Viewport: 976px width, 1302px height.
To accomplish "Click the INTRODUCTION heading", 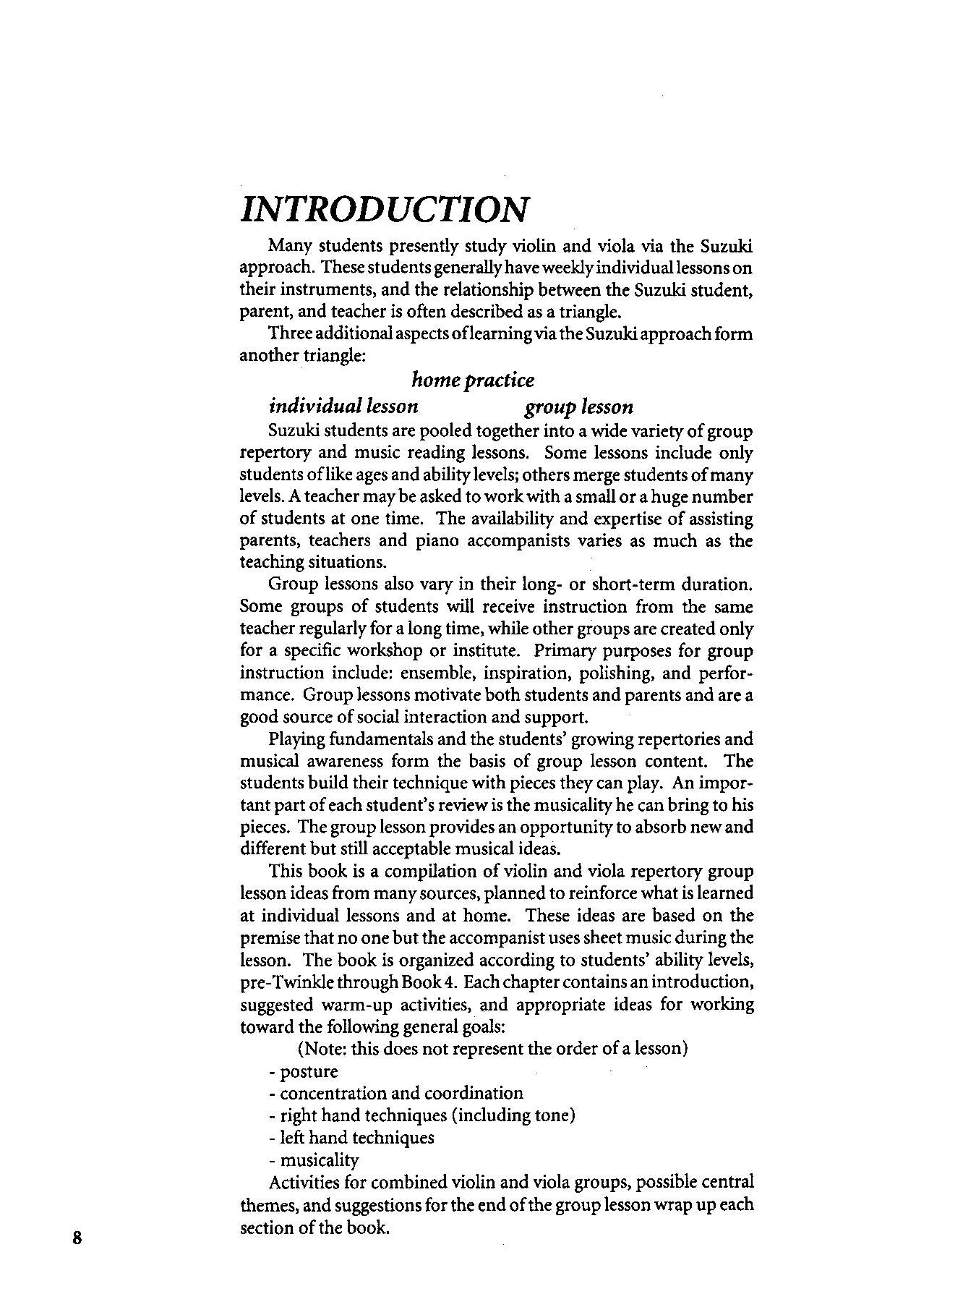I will (384, 209).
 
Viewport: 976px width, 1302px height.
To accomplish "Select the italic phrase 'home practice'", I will (473, 380).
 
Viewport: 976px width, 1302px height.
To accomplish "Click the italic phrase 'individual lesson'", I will (343, 407).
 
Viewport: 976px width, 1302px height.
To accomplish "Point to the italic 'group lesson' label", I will (578, 407).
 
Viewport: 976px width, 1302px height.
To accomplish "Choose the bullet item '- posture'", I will (303, 1071).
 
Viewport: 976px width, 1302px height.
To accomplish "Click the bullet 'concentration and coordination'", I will (395, 1093).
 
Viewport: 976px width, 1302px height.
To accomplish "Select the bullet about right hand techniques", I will (421, 1115).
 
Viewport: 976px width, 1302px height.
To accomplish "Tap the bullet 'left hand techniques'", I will (351, 1138).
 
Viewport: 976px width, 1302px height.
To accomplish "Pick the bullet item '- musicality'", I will (314, 1160).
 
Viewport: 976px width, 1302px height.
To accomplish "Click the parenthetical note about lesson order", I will (492, 1048).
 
